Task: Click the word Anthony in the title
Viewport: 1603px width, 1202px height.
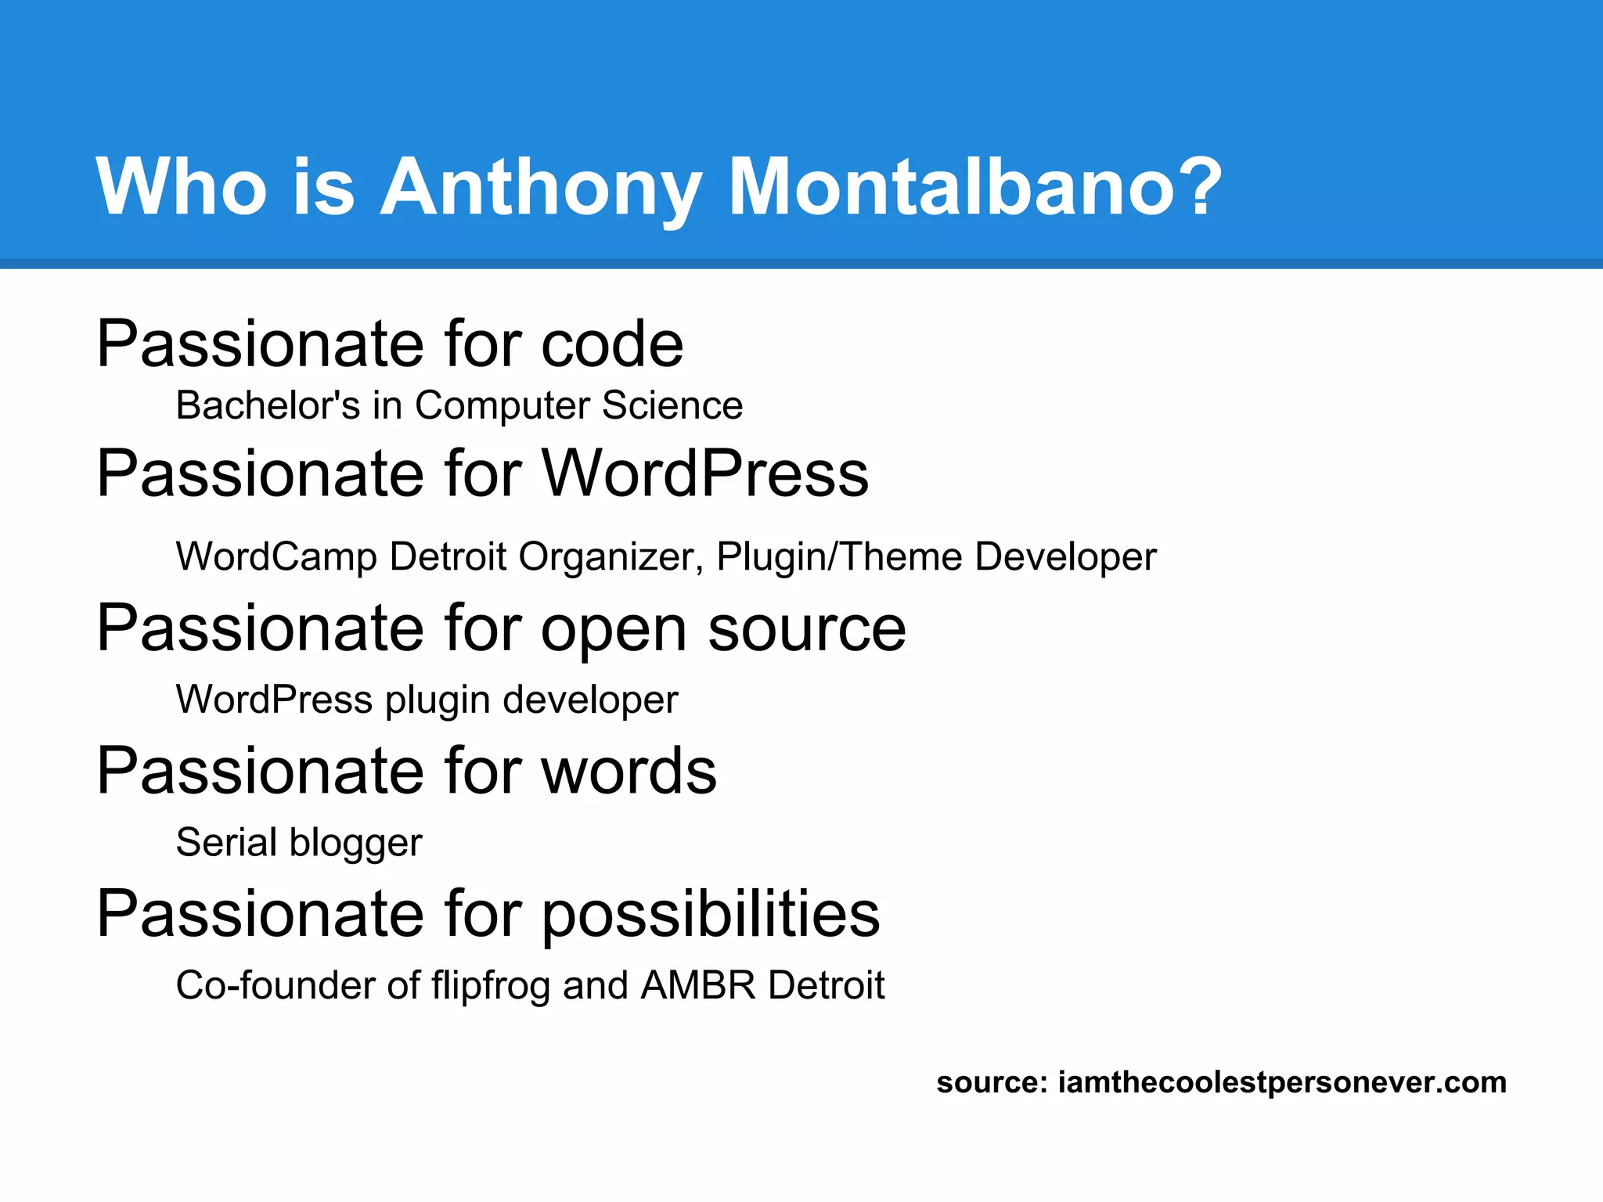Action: (x=540, y=188)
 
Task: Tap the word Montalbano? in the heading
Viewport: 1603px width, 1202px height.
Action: (x=975, y=188)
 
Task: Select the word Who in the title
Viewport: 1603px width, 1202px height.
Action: (x=182, y=188)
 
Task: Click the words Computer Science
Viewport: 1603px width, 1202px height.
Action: (x=578, y=405)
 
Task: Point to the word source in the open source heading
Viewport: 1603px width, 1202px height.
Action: (x=806, y=630)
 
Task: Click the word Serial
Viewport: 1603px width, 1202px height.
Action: (x=226, y=843)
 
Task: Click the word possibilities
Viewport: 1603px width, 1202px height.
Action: (x=710, y=915)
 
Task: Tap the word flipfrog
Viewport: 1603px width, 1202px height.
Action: (x=491, y=986)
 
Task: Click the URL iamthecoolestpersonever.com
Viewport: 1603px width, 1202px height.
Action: (x=1281, y=1082)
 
